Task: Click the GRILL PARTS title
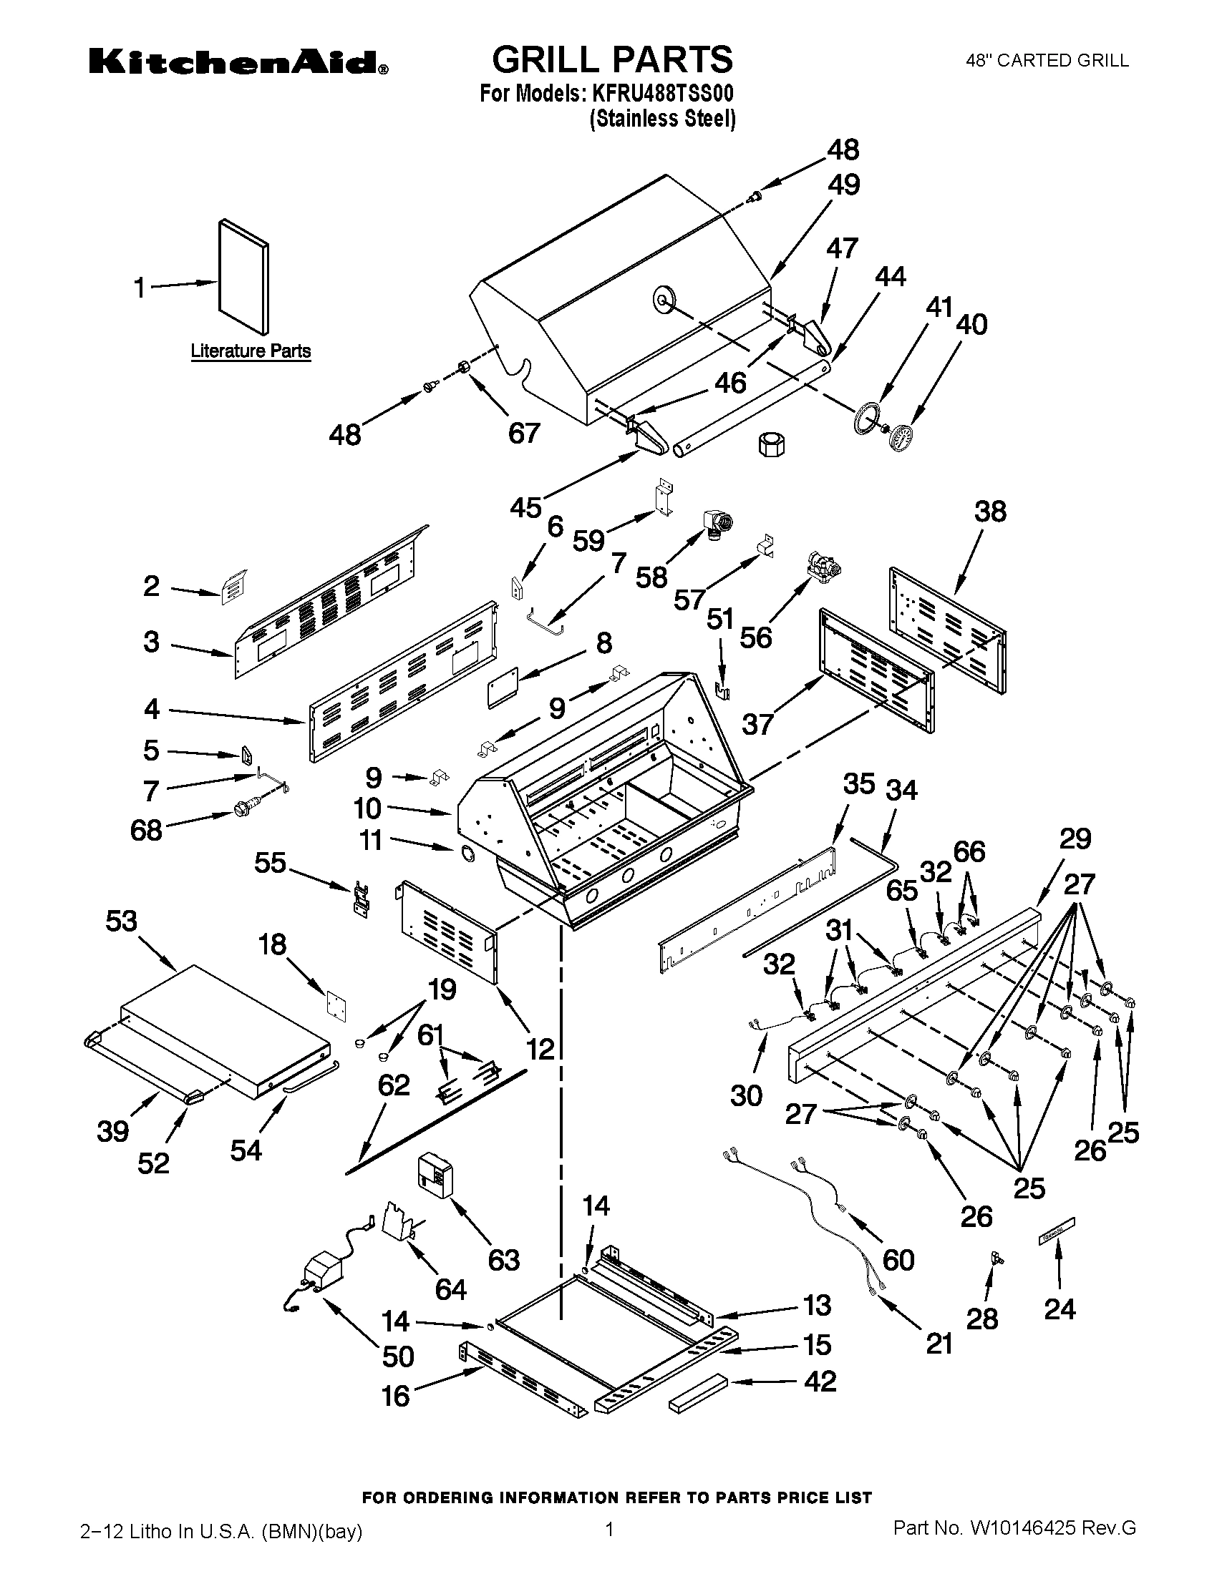(611, 59)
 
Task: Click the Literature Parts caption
(250, 351)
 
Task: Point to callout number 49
(843, 185)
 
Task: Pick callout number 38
(989, 512)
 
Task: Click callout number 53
(120, 921)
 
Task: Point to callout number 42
(820, 1382)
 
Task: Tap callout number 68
(145, 830)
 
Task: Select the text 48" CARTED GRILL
(1047, 62)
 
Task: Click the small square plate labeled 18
(335, 1006)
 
